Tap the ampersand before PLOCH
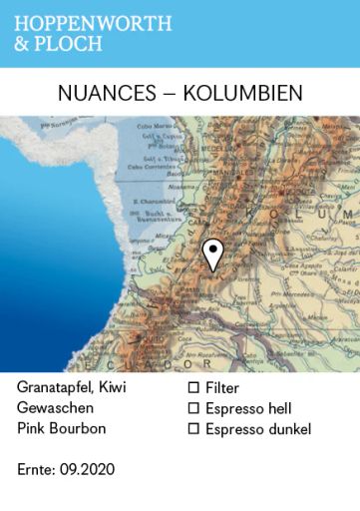tap(22, 45)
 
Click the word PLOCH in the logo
tap(72, 45)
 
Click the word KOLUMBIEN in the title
tap(242, 93)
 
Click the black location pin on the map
tap(211, 254)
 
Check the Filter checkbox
tap(194, 387)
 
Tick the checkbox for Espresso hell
tap(194, 408)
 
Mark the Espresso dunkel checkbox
tap(194, 429)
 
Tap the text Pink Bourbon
tap(60, 429)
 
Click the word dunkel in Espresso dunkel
tap(289, 429)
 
